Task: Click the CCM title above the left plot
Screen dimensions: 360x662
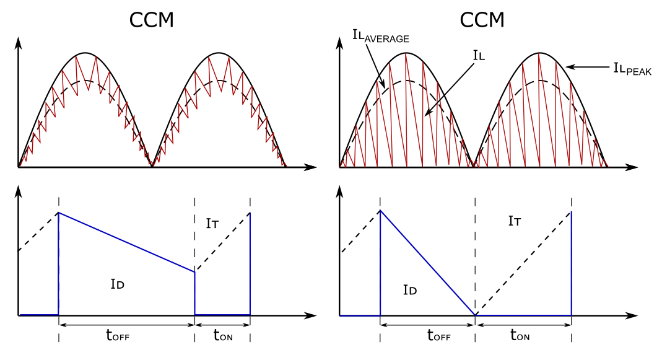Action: [151, 20]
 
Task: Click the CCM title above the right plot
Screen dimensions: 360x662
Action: [482, 20]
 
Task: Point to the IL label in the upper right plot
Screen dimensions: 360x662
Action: [479, 56]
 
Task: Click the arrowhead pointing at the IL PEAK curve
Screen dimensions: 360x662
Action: [569, 67]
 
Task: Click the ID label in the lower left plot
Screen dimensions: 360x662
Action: [118, 284]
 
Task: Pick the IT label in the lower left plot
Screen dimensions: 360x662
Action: [212, 224]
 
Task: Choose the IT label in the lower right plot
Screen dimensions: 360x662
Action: [515, 221]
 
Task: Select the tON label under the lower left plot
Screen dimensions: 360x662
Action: [223, 336]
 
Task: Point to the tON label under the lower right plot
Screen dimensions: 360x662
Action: [520, 336]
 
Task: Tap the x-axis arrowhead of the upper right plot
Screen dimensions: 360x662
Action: [632, 167]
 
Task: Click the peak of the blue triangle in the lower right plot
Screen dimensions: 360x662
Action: [380, 211]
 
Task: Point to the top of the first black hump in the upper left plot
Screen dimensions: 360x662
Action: [85, 53]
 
